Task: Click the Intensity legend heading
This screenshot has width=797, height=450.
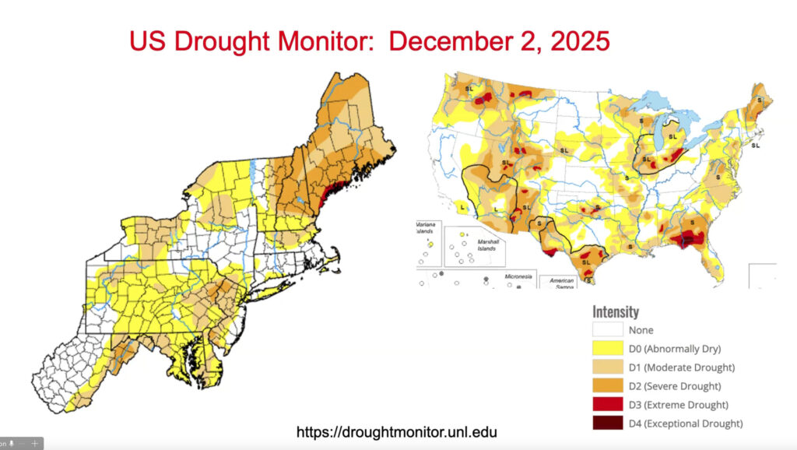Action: [x=616, y=312]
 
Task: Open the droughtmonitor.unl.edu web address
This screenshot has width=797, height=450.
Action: [x=397, y=431]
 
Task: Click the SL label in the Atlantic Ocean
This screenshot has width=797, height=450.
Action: [x=755, y=146]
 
